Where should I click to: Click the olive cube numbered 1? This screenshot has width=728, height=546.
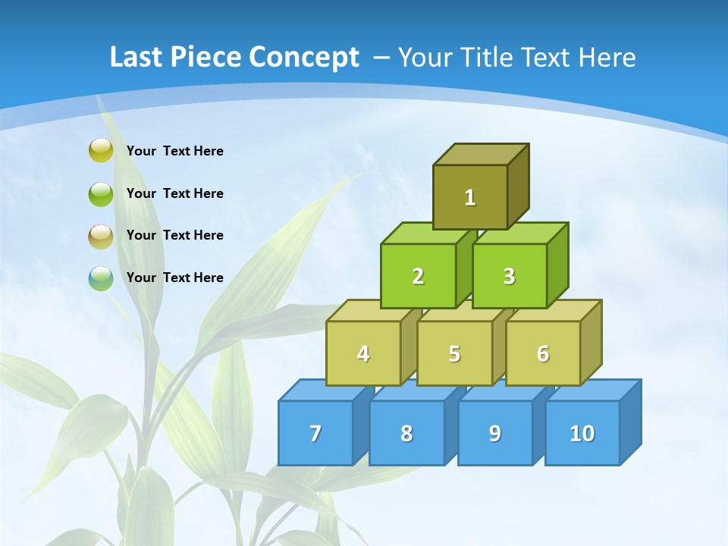click(x=470, y=197)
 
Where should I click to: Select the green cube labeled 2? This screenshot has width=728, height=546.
click(x=418, y=276)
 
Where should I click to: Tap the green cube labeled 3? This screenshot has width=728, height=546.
click(x=510, y=276)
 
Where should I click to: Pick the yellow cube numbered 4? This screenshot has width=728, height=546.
click(x=363, y=353)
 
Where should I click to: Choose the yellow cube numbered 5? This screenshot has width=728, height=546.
click(x=454, y=353)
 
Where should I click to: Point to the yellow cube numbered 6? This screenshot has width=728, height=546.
click(x=543, y=353)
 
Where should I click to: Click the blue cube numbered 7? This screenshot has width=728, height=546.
click(x=315, y=433)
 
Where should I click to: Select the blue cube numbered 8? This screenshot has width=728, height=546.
click(x=406, y=433)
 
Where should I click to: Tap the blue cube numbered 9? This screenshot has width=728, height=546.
click(x=495, y=433)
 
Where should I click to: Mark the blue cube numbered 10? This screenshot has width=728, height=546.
click(x=582, y=433)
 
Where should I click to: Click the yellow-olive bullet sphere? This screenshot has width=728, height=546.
click(x=101, y=150)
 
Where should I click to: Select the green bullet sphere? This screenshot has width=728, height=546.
click(x=101, y=193)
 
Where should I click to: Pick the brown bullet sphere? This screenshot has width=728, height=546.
click(x=101, y=236)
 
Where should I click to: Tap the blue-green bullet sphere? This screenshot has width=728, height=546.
click(x=101, y=278)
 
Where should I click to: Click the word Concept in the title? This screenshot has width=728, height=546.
click(x=304, y=58)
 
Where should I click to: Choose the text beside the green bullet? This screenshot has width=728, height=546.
click(x=175, y=193)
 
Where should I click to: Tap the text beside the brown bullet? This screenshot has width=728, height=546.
click(x=175, y=235)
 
